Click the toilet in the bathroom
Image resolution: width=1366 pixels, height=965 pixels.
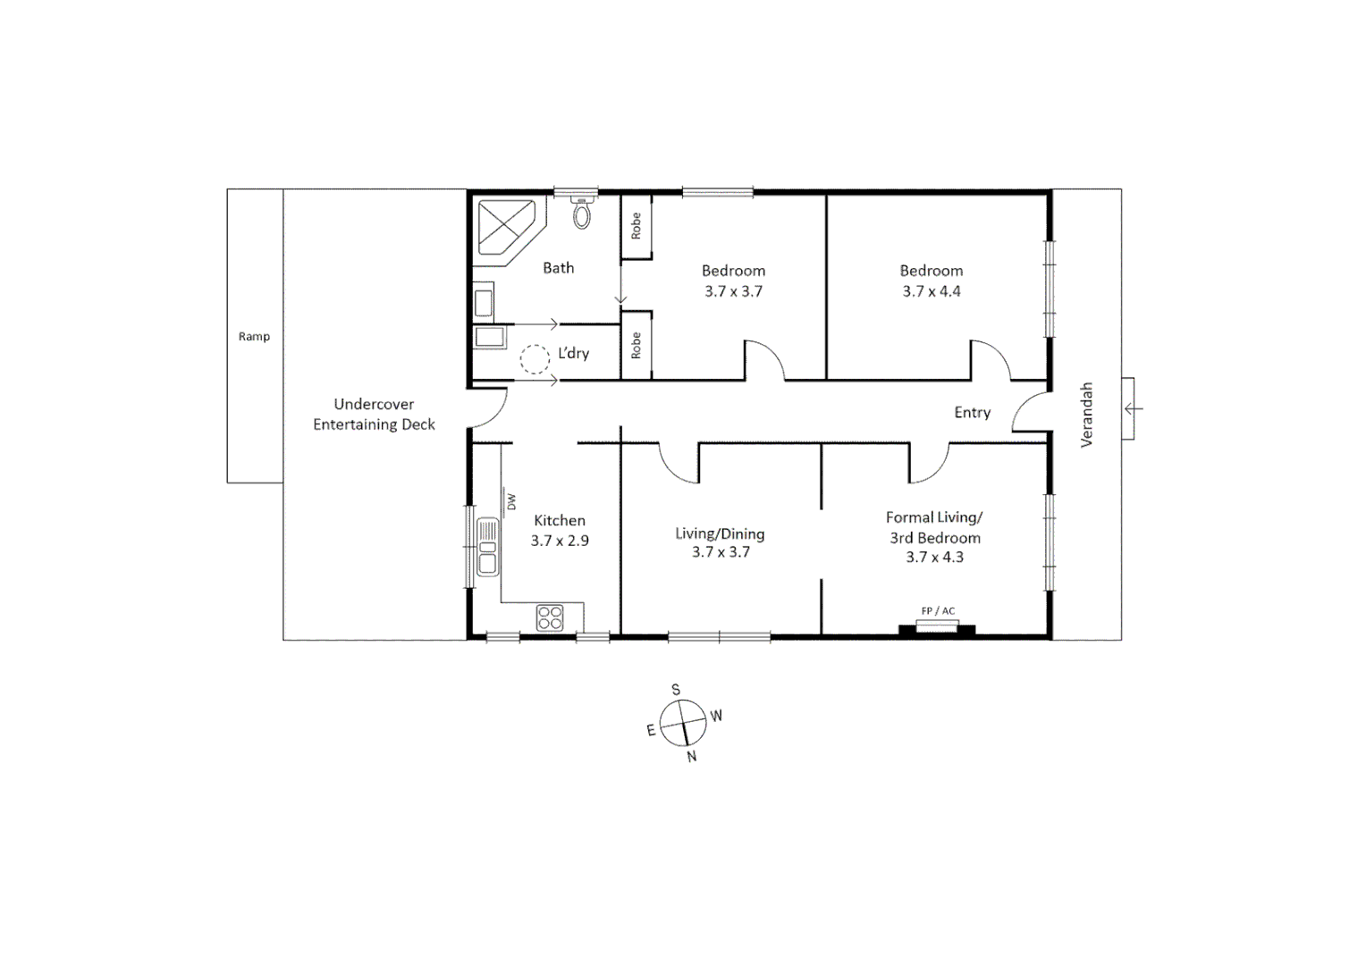point(582,214)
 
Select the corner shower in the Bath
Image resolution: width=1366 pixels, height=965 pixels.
point(507,229)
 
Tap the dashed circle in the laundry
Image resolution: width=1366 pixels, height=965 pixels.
point(535,359)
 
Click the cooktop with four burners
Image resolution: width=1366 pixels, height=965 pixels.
point(550,617)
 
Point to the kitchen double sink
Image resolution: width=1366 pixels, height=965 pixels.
point(487,547)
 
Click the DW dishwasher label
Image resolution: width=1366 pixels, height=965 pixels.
point(511,502)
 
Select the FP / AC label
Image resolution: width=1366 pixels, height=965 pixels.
point(938,611)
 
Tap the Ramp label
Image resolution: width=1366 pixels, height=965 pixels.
point(254,337)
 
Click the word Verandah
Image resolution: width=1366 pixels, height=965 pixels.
point(1086,415)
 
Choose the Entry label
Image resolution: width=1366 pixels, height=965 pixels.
point(972,413)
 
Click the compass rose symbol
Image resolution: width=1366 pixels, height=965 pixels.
point(683,723)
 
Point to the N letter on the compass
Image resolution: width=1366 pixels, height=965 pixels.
point(691,757)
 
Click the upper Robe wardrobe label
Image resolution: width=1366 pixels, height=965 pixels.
point(637,227)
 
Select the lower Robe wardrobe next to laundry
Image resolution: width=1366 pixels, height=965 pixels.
point(637,346)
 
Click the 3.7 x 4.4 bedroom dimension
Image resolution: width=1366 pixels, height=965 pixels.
point(932,291)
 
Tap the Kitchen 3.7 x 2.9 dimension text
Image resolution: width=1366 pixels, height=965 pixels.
point(560,541)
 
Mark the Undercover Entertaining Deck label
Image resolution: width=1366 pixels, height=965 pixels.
point(374,415)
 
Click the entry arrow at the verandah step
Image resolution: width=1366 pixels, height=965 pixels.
point(1133,409)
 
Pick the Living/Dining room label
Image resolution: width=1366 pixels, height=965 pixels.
point(720,534)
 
